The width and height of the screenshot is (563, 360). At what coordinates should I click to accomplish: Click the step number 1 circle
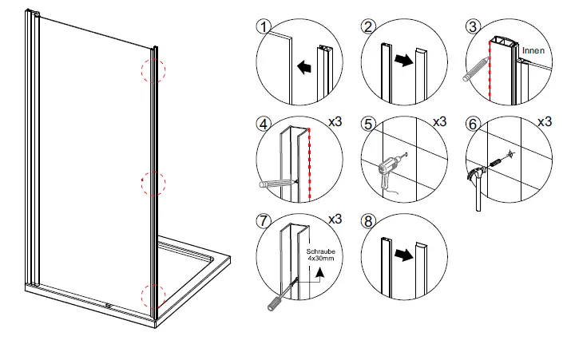(263, 26)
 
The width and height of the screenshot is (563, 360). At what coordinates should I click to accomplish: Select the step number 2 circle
(368, 26)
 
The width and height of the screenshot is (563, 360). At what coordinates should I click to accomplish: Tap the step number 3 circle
(473, 26)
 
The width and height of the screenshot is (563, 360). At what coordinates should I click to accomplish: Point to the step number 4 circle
(263, 125)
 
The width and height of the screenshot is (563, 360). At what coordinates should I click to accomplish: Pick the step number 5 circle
(368, 125)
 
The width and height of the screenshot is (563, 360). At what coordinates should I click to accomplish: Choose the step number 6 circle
(473, 125)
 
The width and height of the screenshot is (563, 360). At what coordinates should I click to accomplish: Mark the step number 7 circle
(263, 220)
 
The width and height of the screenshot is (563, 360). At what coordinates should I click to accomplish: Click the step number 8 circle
(368, 220)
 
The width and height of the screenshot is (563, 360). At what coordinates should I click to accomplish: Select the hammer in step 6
(477, 182)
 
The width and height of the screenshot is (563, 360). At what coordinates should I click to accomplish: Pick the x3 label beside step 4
(336, 123)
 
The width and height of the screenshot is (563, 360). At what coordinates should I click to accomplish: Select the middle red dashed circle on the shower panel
(153, 183)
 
